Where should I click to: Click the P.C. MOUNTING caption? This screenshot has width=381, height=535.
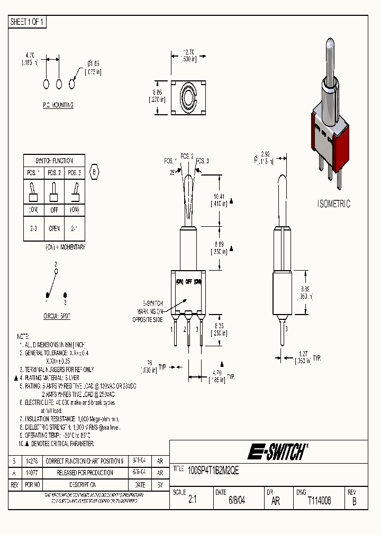coord(58,105)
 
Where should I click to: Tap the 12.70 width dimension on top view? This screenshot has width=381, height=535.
coord(188,52)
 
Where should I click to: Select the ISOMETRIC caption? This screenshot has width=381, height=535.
coord(333,204)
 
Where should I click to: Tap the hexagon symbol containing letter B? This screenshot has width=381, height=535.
coord(95,172)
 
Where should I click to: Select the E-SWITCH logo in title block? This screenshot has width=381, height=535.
coord(277,451)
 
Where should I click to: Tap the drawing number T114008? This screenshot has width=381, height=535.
coord(319,501)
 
